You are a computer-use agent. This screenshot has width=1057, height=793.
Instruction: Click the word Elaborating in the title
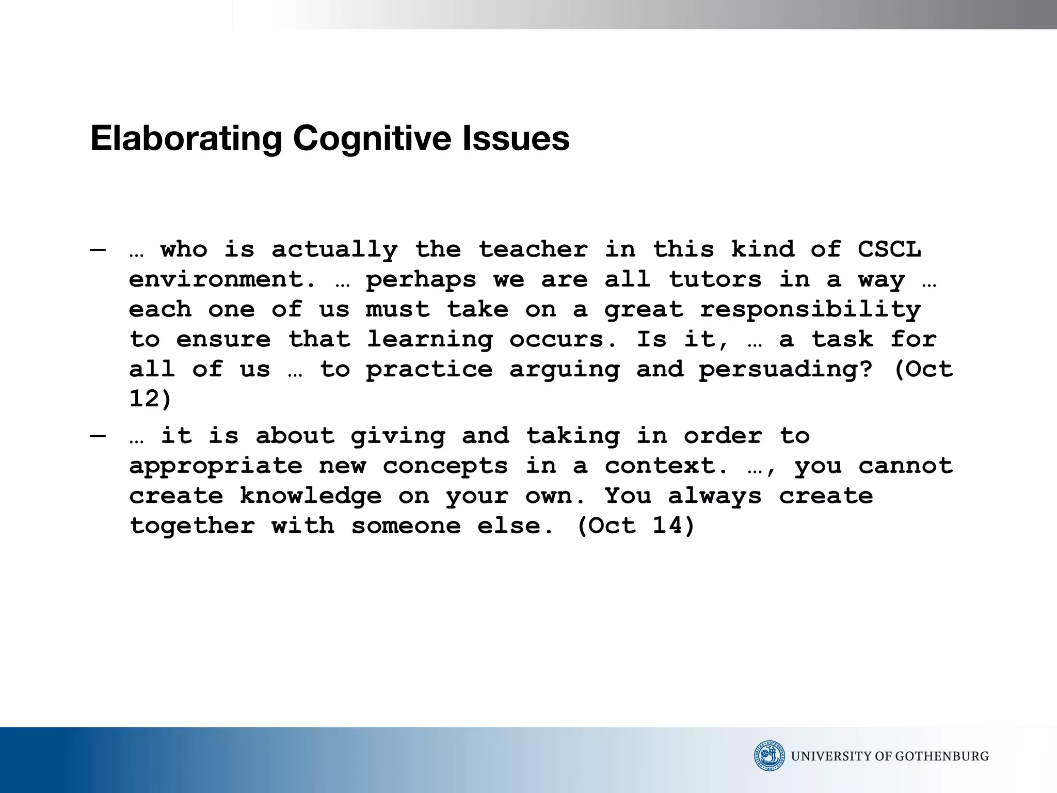pyautogui.click(x=186, y=139)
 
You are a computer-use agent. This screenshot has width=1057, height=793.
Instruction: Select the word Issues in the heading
pyautogui.click(x=516, y=139)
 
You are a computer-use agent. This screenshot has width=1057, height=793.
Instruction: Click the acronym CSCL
pyautogui.click(x=889, y=249)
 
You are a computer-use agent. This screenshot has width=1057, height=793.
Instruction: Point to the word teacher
pyautogui.click(x=533, y=249)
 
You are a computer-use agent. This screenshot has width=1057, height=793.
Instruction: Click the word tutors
pyautogui.click(x=715, y=279)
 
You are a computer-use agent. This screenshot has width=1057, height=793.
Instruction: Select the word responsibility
pyautogui.click(x=810, y=310)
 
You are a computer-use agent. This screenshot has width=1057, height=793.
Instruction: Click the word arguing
pyautogui.click(x=564, y=370)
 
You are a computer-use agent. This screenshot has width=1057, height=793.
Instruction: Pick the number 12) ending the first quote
pyautogui.click(x=150, y=399)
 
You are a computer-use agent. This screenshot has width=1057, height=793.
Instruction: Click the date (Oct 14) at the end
pyautogui.click(x=636, y=526)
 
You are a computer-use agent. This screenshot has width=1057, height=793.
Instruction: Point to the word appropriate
pyautogui.click(x=216, y=466)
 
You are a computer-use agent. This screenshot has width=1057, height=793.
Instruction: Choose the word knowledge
pyautogui.click(x=311, y=496)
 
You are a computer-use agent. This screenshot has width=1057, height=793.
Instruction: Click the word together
pyautogui.click(x=192, y=526)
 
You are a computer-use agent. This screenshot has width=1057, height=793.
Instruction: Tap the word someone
pyautogui.click(x=406, y=526)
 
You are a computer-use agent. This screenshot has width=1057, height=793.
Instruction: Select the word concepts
pyautogui.click(x=445, y=466)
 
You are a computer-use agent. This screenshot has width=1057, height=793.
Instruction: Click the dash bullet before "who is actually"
pyautogui.click(x=98, y=250)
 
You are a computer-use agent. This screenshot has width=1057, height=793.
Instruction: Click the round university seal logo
pyautogui.click(x=769, y=756)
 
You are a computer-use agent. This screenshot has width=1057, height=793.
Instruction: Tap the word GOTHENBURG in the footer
pyautogui.click(x=942, y=756)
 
